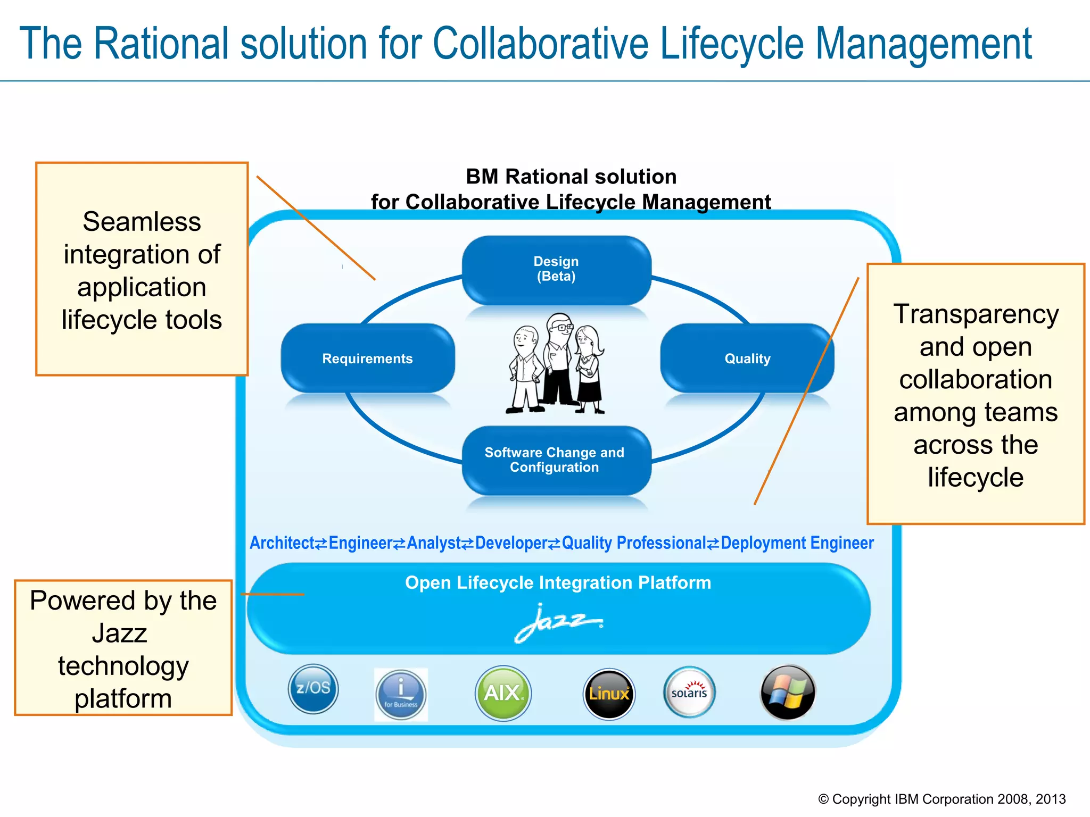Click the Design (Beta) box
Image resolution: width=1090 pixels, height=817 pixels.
[556, 270]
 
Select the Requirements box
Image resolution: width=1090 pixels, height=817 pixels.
[367, 359]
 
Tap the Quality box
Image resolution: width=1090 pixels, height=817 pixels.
[747, 359]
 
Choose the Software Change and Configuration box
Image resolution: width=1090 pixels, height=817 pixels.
[555, 460]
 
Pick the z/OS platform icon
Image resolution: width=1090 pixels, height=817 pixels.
[313, 689]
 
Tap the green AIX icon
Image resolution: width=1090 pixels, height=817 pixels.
[502, 693]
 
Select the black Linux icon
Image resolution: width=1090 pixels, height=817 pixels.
[609, 694]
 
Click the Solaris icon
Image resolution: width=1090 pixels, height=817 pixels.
[689, 693]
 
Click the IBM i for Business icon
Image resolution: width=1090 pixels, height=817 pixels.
[401, 695]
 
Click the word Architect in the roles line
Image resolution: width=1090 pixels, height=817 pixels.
[282, 543]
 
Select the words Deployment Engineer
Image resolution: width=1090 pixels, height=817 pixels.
[797, 543]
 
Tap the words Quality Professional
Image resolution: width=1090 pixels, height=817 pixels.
[633, 543]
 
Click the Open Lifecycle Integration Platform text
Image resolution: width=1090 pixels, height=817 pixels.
[558, 583]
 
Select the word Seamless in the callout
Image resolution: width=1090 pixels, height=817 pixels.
[142, 221]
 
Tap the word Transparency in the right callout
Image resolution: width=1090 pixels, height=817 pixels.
[976, 314]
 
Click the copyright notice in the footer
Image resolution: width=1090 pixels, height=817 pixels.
[942, 799]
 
